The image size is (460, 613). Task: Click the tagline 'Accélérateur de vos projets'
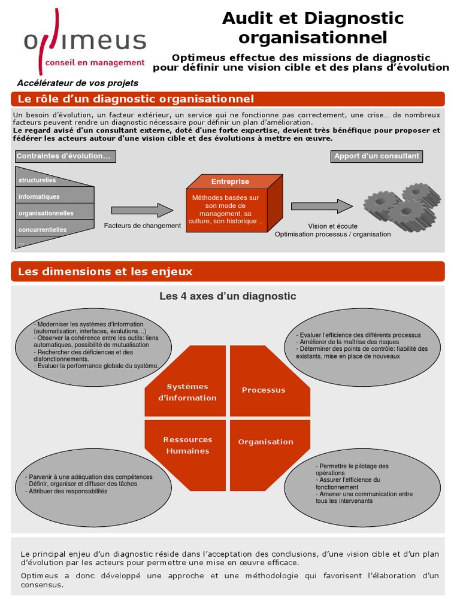coord(77,83)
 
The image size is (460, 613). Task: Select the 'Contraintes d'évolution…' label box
coord(66,156)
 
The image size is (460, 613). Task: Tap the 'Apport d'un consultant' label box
coord(377,156)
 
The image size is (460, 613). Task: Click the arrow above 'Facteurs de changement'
coord(142,210)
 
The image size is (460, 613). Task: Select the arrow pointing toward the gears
coord(322,206)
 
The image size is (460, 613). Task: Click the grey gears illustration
coord(402,207)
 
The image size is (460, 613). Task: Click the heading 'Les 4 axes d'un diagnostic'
coord(228,296)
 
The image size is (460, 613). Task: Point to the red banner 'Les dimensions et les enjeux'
coord(228,271)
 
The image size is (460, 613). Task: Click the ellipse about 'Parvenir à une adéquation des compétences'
coord(93,487)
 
